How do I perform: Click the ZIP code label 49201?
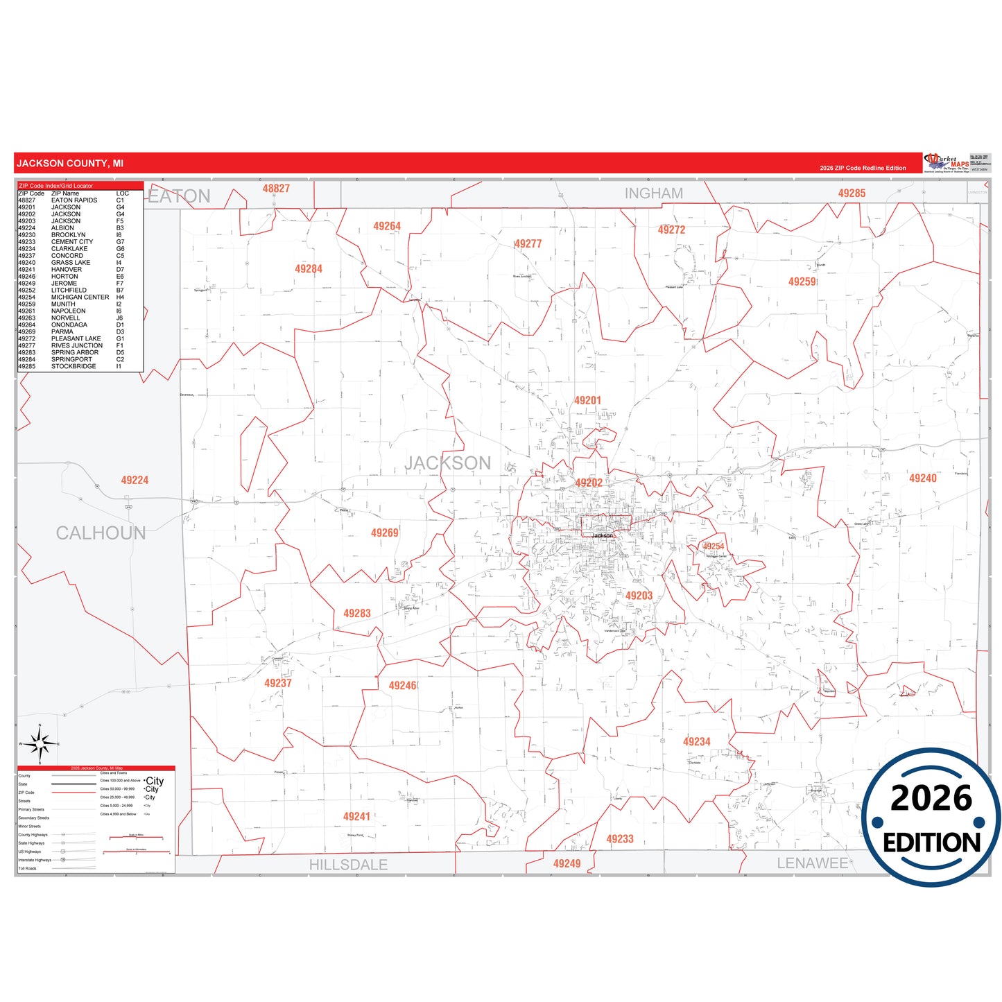pos(587,401)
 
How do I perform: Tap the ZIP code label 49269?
pos(384,533)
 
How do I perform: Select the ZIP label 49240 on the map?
pos(922,478)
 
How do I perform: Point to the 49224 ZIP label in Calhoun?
pos(135,480)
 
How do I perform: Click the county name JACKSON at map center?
pos(447,463)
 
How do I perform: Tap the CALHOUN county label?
pos(101,533)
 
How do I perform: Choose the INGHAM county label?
pos(653,193)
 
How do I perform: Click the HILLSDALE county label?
pos(348,865)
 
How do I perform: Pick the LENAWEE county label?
pos(812,863)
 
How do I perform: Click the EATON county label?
pos(180,196)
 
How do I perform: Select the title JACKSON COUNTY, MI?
pos(70,164)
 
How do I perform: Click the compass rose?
pos(40,745)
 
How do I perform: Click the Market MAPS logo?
pos(947,163)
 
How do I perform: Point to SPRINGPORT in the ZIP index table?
pos(71,359)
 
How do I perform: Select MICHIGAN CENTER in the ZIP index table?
pos(80,297)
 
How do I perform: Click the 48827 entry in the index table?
pos(26,200)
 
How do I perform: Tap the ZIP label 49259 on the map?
pos(802,282)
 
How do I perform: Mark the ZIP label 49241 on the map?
pos(356,816)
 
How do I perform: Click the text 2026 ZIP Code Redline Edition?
pos(863,168)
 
